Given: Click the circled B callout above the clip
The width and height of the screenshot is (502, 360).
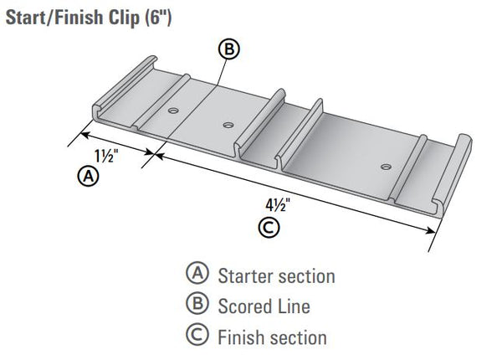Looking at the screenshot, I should click(x=228, y=49).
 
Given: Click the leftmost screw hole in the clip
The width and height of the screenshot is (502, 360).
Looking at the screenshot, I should click(x=173, y=111).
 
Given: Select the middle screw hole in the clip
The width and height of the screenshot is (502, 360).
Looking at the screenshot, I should click(x=228, y=126).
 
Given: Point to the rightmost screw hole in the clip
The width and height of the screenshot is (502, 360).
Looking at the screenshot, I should click(x=385, y=166).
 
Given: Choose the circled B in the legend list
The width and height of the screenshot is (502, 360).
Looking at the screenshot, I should click(x=197, y=306).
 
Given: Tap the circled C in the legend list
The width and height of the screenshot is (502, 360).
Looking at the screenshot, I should click(x=197, y=337).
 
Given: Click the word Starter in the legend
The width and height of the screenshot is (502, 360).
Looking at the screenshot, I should click(x=244, y=275).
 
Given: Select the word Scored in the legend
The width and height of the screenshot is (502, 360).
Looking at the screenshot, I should click(x=243, y=306).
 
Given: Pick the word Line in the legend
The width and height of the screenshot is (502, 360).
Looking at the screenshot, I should click(x=294, y=306).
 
